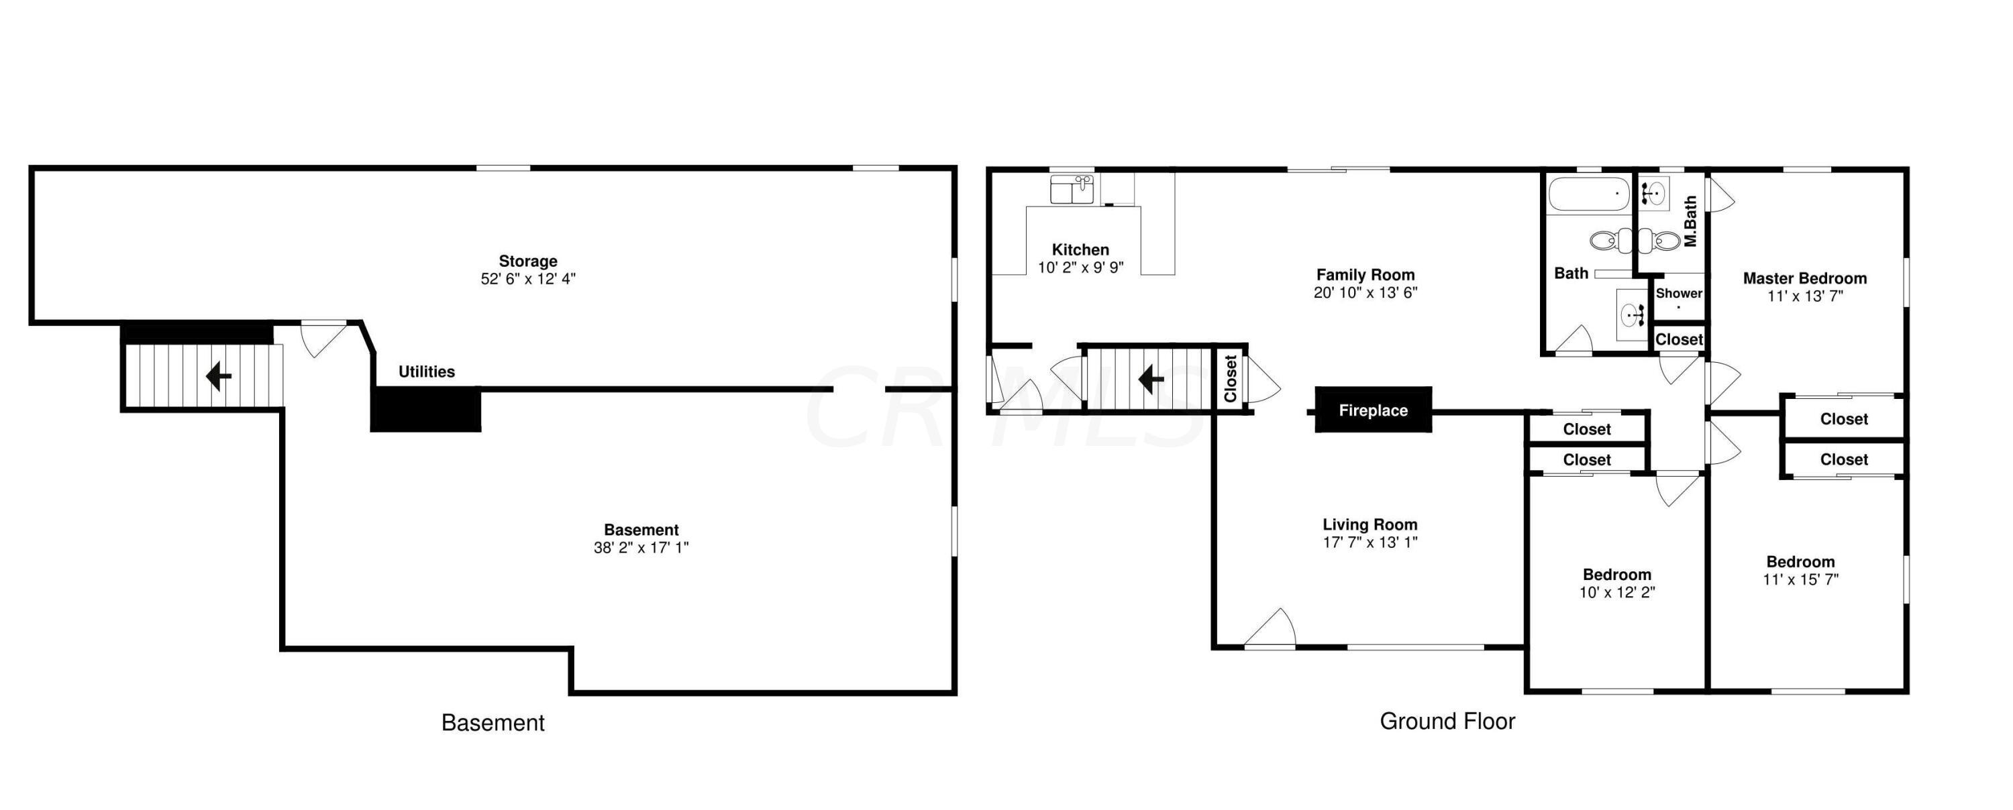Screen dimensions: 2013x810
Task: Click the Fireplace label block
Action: [1373, 410]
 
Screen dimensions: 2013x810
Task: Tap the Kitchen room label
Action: [1080, 250]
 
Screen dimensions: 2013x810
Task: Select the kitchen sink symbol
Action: [1072, 190]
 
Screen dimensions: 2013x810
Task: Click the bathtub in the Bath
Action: [1589, 193]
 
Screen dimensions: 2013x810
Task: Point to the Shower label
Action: [1679, 293]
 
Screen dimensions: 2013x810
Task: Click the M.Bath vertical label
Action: [1690, 221]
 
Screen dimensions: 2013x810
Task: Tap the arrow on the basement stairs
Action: [218, 378]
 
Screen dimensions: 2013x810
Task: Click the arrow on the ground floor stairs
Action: [1151, 380]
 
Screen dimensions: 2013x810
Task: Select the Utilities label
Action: [427, 371]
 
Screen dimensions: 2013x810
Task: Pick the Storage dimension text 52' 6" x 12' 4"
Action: [528, 279]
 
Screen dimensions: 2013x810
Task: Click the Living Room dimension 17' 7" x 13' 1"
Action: [1370, 542]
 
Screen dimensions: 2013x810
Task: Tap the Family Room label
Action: [1365, 275]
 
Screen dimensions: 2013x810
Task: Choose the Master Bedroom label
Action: [1804, 278]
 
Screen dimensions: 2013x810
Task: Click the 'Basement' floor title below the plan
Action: [493, 723]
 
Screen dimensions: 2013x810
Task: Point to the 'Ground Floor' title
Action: [1447, 721]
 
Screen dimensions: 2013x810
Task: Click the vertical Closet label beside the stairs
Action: [1231, 379]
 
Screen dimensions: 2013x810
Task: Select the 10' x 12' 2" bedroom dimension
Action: [1617, 592]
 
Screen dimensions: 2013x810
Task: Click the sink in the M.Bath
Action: [1654, 190]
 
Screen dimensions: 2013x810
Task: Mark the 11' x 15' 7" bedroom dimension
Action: [1800, 579]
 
